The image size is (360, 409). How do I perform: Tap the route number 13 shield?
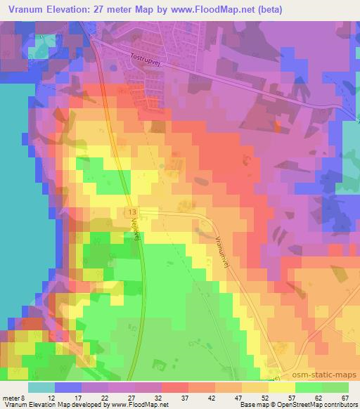pos(131,211)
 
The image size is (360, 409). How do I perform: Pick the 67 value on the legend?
pos(345,397)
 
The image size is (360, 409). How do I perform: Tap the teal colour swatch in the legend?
pos(41,387)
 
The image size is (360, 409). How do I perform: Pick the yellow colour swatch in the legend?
pos(281,387)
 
